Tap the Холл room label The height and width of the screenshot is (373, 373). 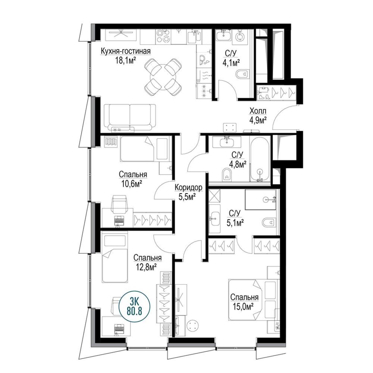[258, 111]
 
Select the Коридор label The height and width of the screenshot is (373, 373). [188, 188]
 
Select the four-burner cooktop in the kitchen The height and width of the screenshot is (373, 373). [163, 37]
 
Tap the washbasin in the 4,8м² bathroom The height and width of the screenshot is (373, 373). [226, 142]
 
